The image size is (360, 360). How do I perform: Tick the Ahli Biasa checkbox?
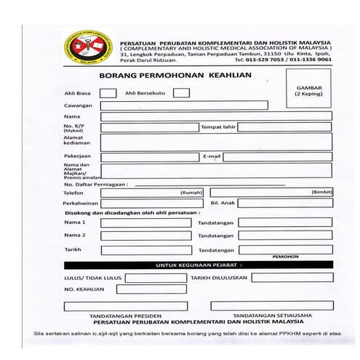click(x=107, y=92)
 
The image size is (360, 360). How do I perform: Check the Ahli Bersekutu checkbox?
click(x=181, y=92)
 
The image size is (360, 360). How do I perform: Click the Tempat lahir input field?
click(x=284, y=127)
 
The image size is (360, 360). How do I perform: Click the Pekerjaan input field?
click(x=149, y=156)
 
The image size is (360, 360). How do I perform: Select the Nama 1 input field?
click(x=145, y=222)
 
